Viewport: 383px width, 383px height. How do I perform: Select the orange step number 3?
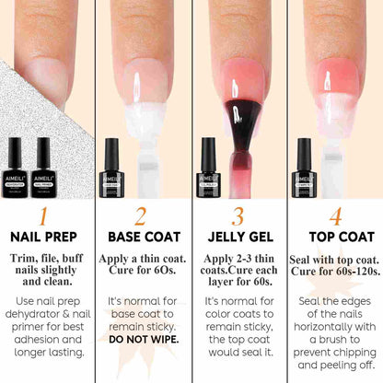click(x=238, y=216)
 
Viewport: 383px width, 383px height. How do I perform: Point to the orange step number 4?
click(x=333, y=216)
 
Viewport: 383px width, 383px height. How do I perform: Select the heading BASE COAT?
click(x=143, y=238)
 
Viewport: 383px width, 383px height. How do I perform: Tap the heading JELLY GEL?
click(x=238, y=238)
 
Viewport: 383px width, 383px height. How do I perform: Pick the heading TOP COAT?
click(x=333, y=238)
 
